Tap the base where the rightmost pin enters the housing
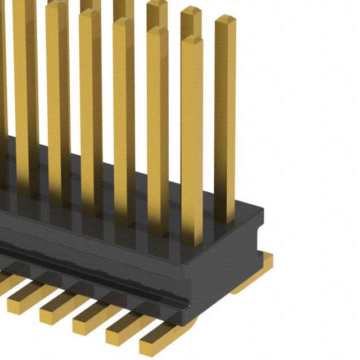[225, 217]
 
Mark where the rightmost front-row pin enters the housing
[192, 242]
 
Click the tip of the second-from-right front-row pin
[157, 31]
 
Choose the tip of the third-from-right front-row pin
[123, 22]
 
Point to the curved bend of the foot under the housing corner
[188, 326]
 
